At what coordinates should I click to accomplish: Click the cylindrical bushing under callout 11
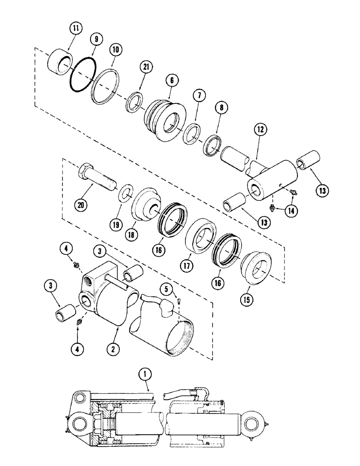(x=59, y=63)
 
